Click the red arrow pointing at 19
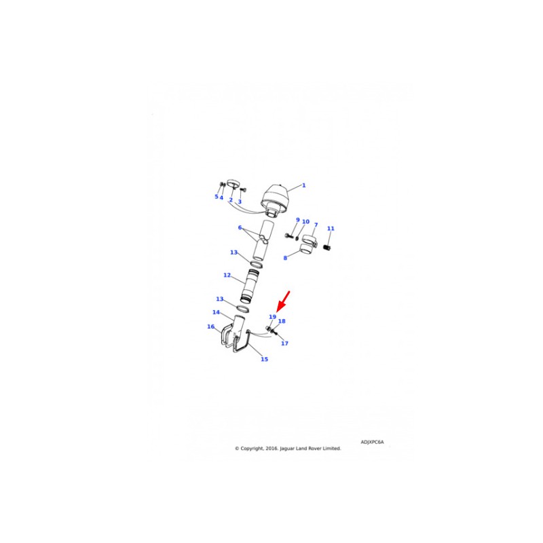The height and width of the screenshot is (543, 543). [x=283, y=301]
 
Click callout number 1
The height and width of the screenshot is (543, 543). [x=303, y=185]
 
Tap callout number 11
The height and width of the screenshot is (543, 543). [x=331, y=228]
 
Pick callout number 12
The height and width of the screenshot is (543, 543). [x=227, y=275]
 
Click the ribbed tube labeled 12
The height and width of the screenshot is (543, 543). [x=250, y=286]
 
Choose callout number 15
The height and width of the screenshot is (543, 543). [x=264, y=359]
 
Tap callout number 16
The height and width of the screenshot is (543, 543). [x=211, y=326]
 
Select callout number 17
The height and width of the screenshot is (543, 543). [x=284, y=343]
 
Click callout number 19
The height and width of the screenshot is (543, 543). [x=273, y=316]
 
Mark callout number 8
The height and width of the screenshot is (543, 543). [x=285, y=258]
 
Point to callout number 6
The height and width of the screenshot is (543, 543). [x=240, y=227]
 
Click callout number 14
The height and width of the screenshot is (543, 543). [x=216, y=312]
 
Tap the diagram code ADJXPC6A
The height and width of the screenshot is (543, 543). [x=372, y=442]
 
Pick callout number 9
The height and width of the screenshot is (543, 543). [x=297, y=219]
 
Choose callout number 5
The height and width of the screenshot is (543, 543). [x=217, y=196]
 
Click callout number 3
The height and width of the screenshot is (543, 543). [x=240, y=201]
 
